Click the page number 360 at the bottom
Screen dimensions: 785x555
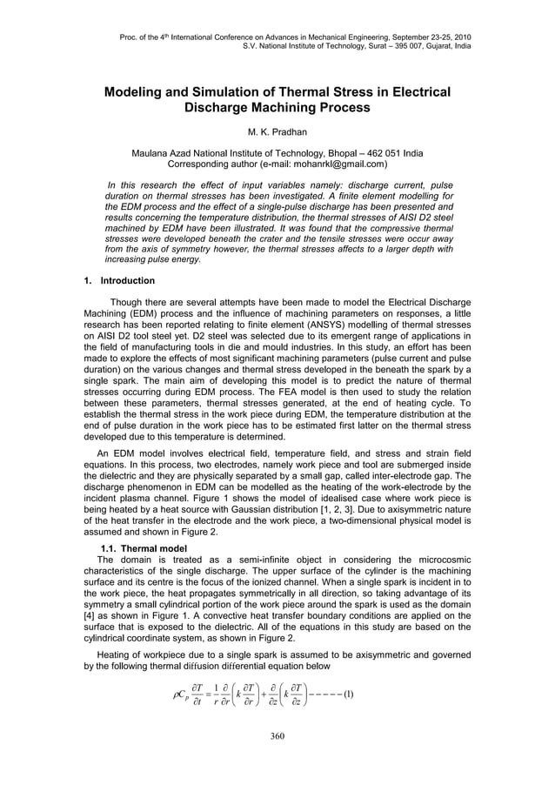277,736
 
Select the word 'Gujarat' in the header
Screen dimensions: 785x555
430,45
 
